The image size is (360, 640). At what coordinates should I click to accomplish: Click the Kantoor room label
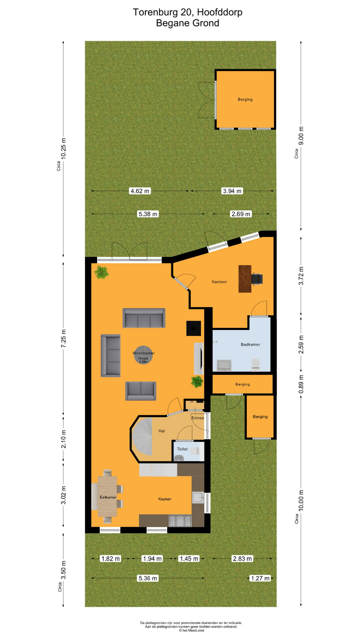tap(219, 282)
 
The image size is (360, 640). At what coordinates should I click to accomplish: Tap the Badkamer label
tap(250, 344)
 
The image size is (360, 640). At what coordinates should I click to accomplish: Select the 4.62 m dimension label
tap(140, 191)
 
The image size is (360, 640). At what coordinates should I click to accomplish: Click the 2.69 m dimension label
tap(241, 214)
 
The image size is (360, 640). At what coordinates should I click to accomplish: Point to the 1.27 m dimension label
tap(260, 578)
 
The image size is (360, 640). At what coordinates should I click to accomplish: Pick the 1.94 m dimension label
tap(152, 558)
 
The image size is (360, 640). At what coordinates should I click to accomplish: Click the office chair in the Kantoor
tap(257, 279)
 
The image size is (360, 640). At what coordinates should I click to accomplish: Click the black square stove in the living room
tap(193, 328)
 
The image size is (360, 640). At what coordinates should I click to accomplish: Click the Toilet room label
tap(182, 449)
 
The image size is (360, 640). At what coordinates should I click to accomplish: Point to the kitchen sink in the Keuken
tap(198, 498)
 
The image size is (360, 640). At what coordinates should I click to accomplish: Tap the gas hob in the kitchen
tap(180, 520)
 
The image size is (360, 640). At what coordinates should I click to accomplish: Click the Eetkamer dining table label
tap(108, 497)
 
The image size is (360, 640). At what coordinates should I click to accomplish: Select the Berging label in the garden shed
tap(245, 99)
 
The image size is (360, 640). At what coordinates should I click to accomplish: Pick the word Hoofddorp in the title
tap(220, 12)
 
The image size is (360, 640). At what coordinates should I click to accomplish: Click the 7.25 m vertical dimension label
tap(64, 338)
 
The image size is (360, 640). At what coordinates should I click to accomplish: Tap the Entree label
tap(198, 418)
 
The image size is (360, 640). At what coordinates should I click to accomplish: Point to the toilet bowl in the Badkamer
tap(255, 364)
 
